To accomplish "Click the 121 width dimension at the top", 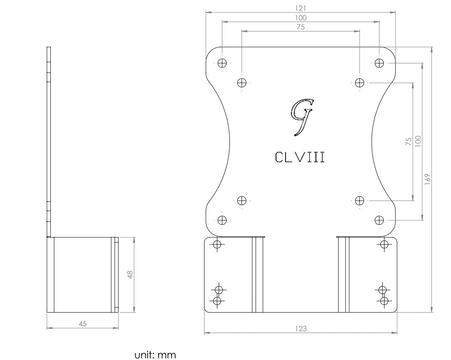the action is (x=301, y=9).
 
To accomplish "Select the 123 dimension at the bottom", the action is (x=301, y=329).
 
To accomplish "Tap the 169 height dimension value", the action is (x=428, y=179).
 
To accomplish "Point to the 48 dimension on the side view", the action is (x=130, y=274).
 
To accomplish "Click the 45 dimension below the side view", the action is (x=83, y=324).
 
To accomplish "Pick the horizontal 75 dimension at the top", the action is (x=301, y=27).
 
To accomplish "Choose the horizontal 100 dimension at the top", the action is (x=301, y=18).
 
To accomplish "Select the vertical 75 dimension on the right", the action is (x=409, y=141).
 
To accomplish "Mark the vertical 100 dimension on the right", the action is (x=418, y=141).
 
